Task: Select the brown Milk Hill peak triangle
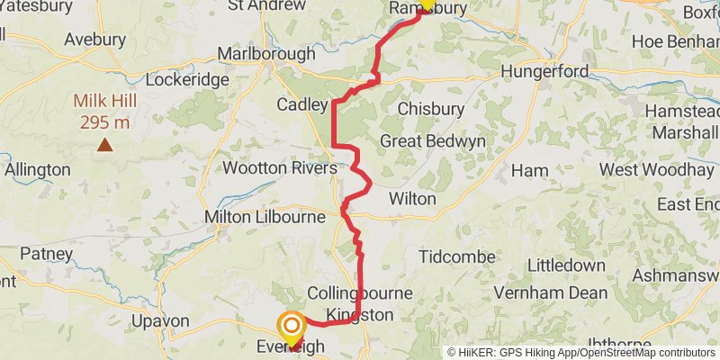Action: coord(105,144)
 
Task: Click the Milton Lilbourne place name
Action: coord(265,217)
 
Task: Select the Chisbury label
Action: coord(430,108)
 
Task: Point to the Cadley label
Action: coord(301,105)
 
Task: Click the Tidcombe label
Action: coord(457,257)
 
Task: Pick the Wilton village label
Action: coord(412,199)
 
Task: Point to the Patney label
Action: coord(45,255)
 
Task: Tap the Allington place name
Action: coord(38,169)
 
